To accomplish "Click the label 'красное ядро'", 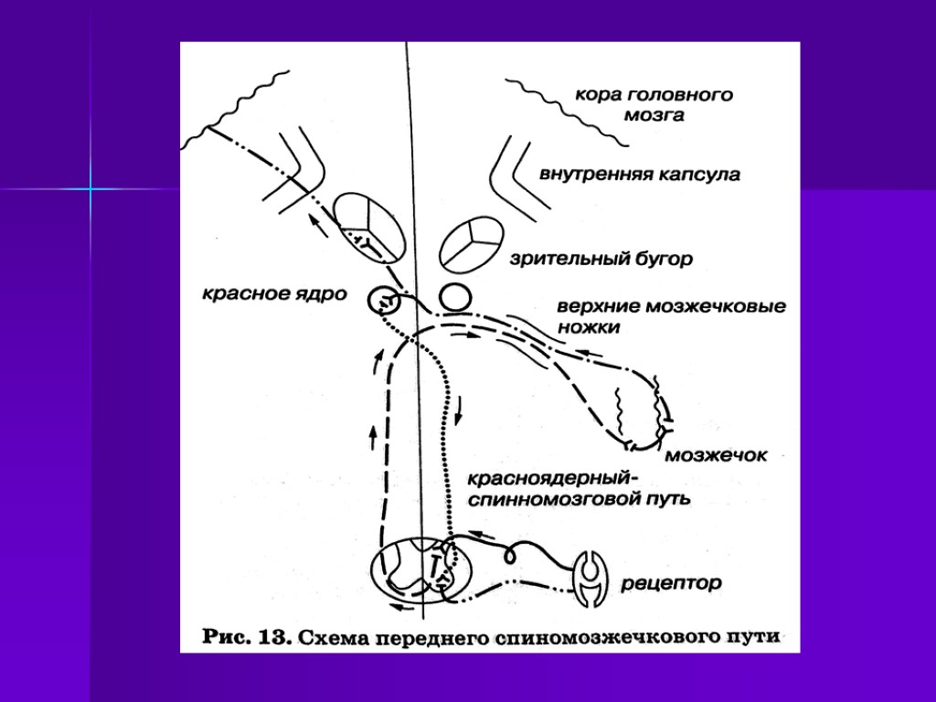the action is click(x=273, y=294).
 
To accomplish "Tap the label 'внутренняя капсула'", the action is click(x=640, y=175).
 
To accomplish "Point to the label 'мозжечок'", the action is click(x=718, y=454).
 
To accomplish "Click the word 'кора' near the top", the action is click(x=599, y=93).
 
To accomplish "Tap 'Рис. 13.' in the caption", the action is click(x=247, y=637).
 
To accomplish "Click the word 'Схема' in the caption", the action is click(x=340, y=637).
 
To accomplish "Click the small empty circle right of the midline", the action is click(x=454, y=297).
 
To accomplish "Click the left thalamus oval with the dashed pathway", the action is click(x=367, y=225).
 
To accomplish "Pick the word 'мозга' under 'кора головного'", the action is click(x=653, y=115).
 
